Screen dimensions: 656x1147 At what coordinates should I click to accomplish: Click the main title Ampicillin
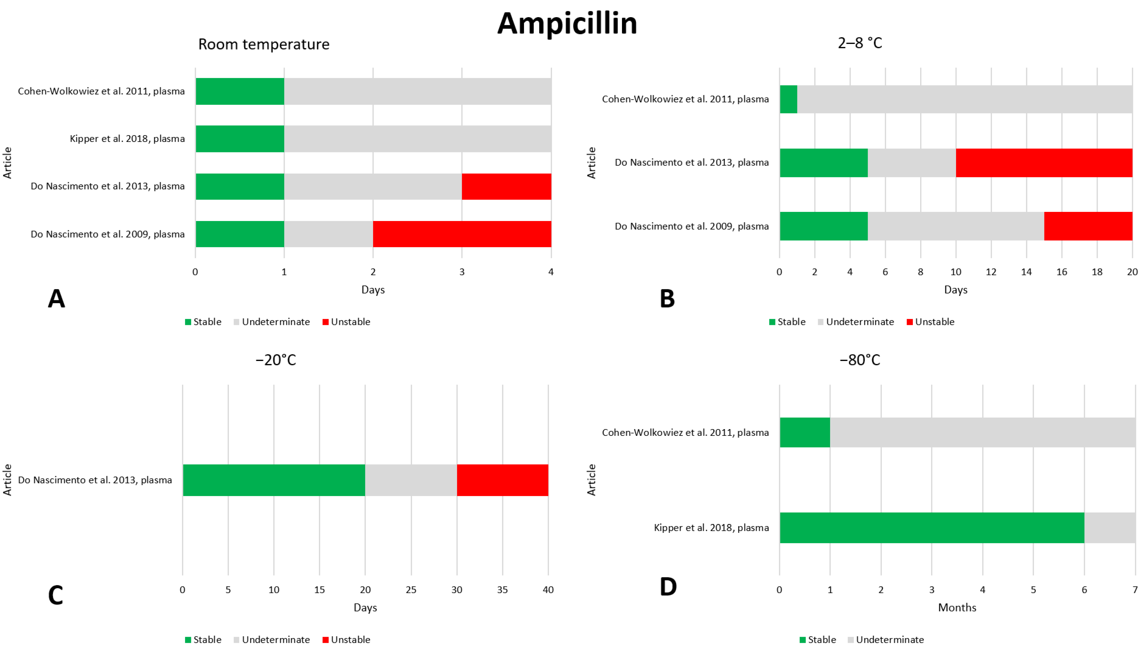567,23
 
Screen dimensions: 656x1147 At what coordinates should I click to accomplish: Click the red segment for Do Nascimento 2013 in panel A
506,186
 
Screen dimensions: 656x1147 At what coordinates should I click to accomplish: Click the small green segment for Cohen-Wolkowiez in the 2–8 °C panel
788,99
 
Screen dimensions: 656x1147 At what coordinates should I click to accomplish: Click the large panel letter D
668,587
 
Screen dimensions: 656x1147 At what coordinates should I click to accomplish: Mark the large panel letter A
56,298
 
